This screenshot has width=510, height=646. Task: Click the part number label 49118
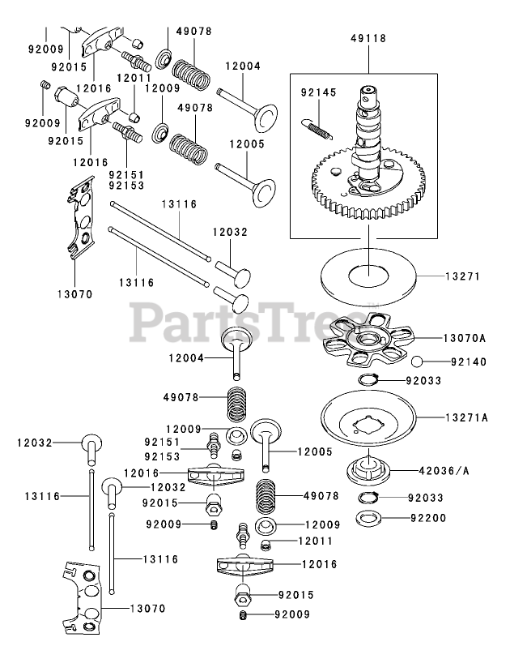pos(368,38)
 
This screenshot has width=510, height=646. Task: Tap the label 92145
pos(318,93)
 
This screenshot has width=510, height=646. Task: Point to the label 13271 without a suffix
pos(462,276)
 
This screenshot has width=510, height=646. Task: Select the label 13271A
pos(465,418)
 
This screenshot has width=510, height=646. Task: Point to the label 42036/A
pos(465,468)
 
